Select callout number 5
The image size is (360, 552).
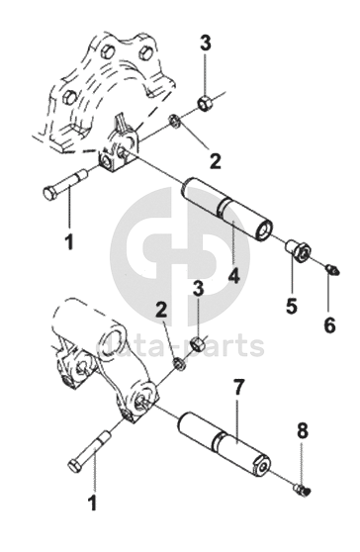292,306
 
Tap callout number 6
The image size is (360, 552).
329,324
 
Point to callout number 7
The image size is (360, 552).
238,388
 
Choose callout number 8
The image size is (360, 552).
303,431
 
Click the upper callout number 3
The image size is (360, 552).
206,43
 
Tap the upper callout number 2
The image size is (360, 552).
215,161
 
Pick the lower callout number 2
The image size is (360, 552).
161,311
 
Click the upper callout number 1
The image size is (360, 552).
69,241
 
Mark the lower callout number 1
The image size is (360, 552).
92,503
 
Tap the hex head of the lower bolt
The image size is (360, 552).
74,466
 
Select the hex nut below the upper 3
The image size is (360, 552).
204,103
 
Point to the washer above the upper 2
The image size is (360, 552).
175,121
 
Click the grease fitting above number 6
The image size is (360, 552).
331,270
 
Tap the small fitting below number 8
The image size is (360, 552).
302,489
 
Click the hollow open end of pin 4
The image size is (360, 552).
263,231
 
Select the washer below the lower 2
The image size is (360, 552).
179,364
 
